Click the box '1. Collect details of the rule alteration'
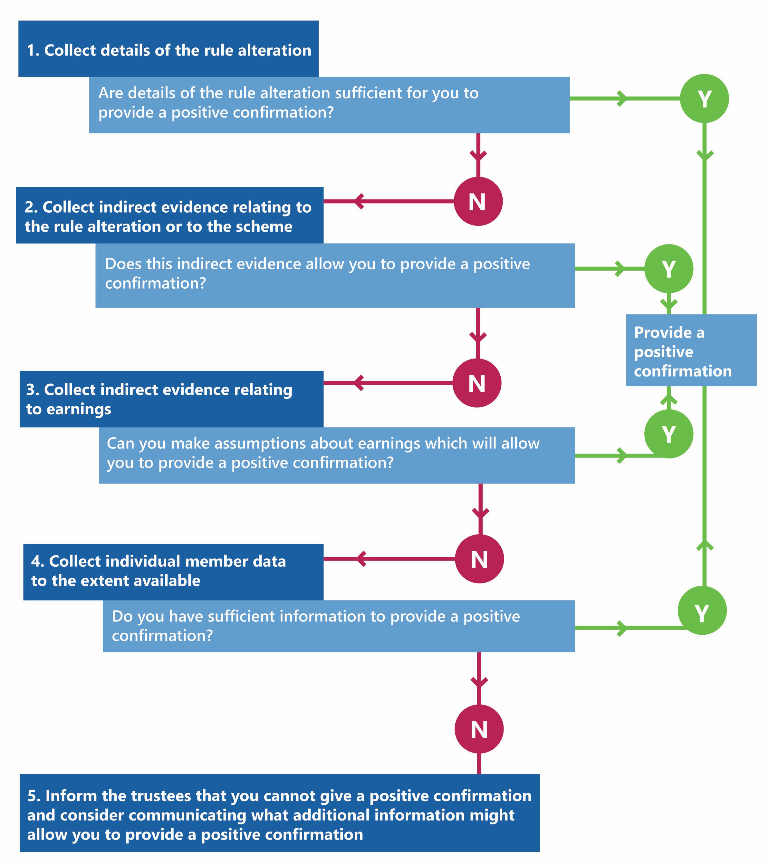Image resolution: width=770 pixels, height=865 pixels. pyautogui.click(x=168, y=49)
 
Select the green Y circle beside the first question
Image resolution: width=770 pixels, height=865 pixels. pyautogui.click(x=704, y=99)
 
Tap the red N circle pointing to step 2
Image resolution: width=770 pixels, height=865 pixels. pyautogui.click(x=478, y=201)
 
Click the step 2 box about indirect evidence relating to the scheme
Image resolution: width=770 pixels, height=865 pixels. pyautogui.click(x=169, y=216)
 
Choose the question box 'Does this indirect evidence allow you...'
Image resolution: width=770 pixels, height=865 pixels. pyautogui.click(x=334, y=275)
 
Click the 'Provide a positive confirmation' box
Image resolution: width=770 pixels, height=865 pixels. pyautogui.click(x=691, y=351)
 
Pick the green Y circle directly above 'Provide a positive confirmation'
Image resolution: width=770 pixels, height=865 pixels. pyautogui.click(x=669, y=269)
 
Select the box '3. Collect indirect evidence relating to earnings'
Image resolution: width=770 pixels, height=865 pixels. pyautogui.click(x=171, y=399)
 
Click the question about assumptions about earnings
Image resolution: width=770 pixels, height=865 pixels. pyautogui.click(x=337, y=455)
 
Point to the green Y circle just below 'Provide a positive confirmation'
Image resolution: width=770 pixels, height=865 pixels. pyautogui.click(x=669, y=434)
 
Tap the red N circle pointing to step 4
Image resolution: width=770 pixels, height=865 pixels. pyautogui.click(x=479, y=559)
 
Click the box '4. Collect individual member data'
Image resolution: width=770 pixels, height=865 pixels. pyautogui.click(x=173, y=572)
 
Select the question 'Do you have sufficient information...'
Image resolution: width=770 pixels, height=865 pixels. pyautogui.click(x=338, y=626)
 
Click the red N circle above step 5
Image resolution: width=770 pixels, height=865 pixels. pyautogui.click(x=479, y=729)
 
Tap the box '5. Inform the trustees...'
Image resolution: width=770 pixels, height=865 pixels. pyautogui.click(x=279, y=812)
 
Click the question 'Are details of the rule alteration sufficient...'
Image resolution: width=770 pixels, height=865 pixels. pyautogui.click(x=329, y=105)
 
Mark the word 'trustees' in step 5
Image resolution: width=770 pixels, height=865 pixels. pyautogui.click(x=162, y=796)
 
